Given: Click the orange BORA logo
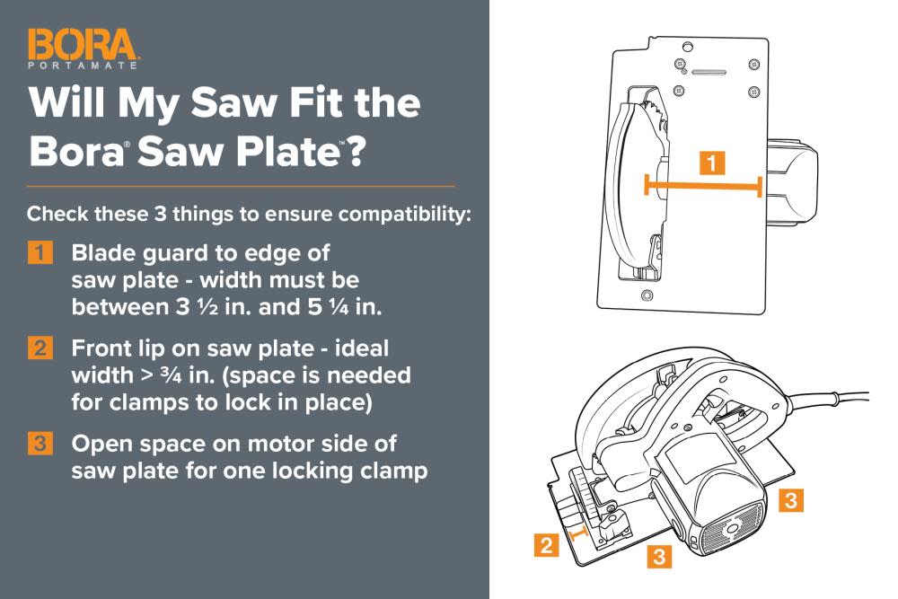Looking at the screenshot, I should click(83, 45).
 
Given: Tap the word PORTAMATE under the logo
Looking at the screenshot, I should click(83, 66).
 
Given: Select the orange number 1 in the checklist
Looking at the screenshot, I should click(39, 251).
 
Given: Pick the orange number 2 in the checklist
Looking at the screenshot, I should click(39, 348).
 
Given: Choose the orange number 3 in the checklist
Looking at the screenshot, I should click(39, 444).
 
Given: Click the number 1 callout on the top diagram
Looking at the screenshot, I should click(711, 163).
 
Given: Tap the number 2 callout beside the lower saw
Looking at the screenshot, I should click(545, 543).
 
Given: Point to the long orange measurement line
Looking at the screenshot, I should click(703, 186).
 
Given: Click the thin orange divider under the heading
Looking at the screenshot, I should click(241, 186).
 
